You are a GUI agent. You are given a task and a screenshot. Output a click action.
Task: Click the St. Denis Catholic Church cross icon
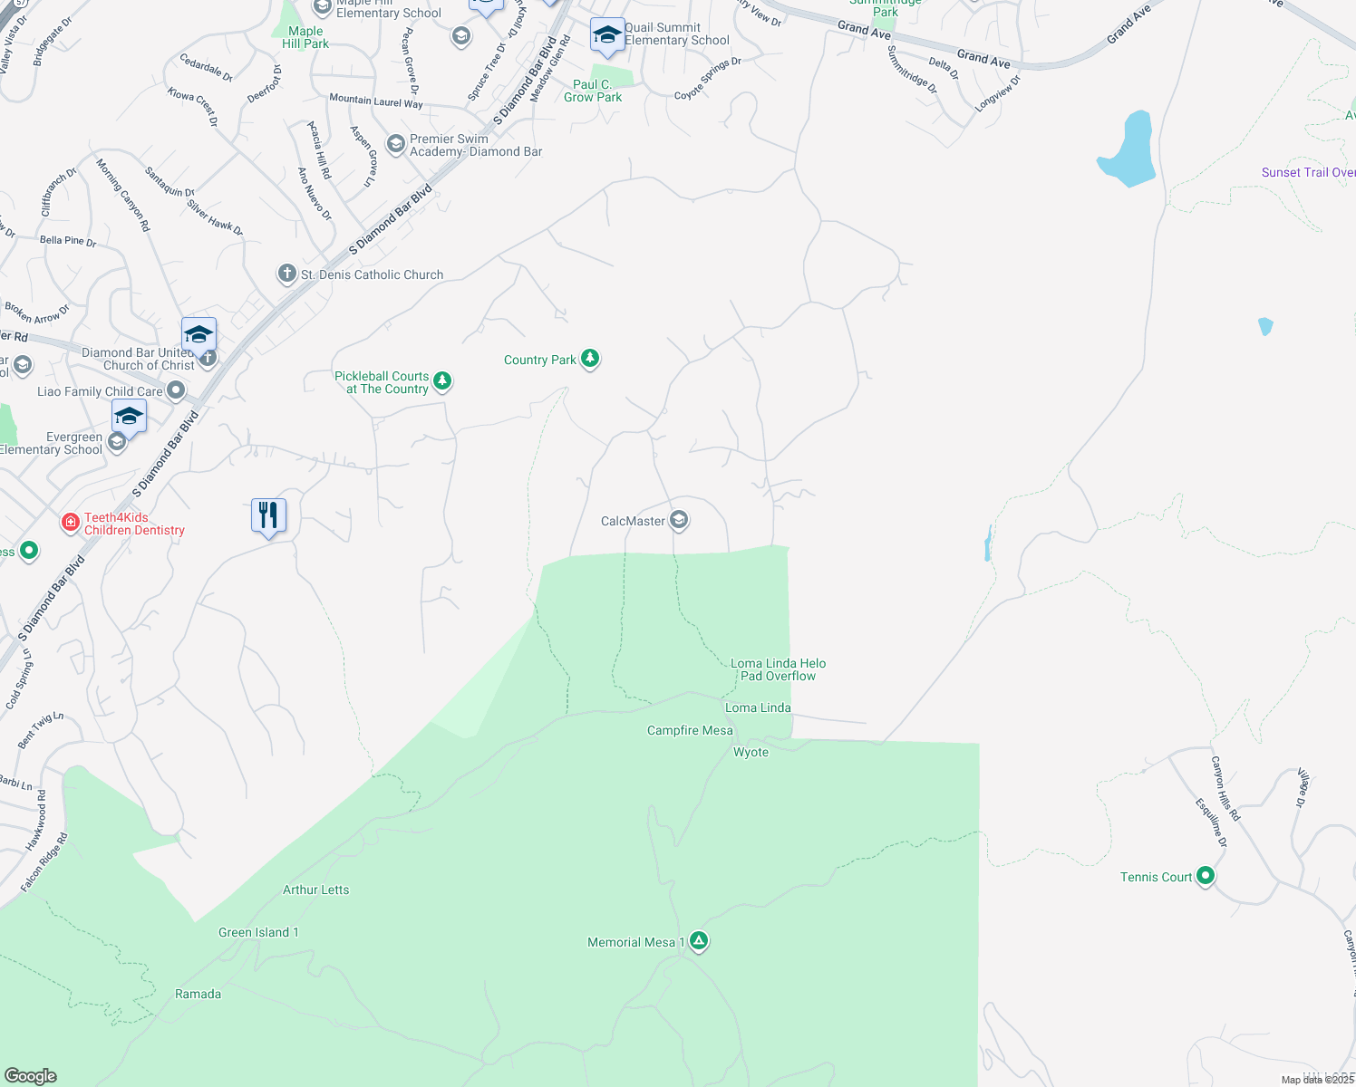pos(287,274)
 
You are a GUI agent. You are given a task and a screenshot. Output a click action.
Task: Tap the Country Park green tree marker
pos(590,359)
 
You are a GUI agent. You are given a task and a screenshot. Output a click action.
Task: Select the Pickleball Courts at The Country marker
pos(442,380)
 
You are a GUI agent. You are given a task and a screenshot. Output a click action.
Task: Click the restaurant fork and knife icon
pos(268,515)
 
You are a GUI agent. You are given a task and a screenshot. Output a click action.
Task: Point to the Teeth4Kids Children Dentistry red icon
pos(71,523)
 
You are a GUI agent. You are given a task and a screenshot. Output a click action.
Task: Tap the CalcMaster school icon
pos(679,520)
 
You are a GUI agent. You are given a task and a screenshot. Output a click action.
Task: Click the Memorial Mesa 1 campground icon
pos(699,941)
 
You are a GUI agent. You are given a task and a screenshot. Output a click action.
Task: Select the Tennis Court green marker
pos(1206,876)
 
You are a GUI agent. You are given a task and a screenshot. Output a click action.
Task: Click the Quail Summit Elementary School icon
pos(606,35)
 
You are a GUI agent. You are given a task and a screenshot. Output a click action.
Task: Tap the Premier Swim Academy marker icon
pos(395,144)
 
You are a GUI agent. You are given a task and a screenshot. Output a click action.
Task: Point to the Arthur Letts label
pos(315,890)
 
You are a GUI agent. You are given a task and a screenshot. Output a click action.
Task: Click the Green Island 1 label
pos(258,932)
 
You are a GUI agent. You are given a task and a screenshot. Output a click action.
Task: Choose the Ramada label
pos(198,994)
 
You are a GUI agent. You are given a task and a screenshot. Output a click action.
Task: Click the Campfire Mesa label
pos(690,730)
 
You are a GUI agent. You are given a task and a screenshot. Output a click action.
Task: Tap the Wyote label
pos(751,752)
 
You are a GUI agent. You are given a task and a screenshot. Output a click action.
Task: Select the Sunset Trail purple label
pos(1308,172)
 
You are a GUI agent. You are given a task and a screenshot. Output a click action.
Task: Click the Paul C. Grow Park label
pos(593,91)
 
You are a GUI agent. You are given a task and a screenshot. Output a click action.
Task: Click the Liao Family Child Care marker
pos(177,390)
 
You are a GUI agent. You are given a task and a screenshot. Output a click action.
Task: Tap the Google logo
pos(31,1075)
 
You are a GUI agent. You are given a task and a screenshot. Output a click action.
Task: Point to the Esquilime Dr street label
pos(1211,822)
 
